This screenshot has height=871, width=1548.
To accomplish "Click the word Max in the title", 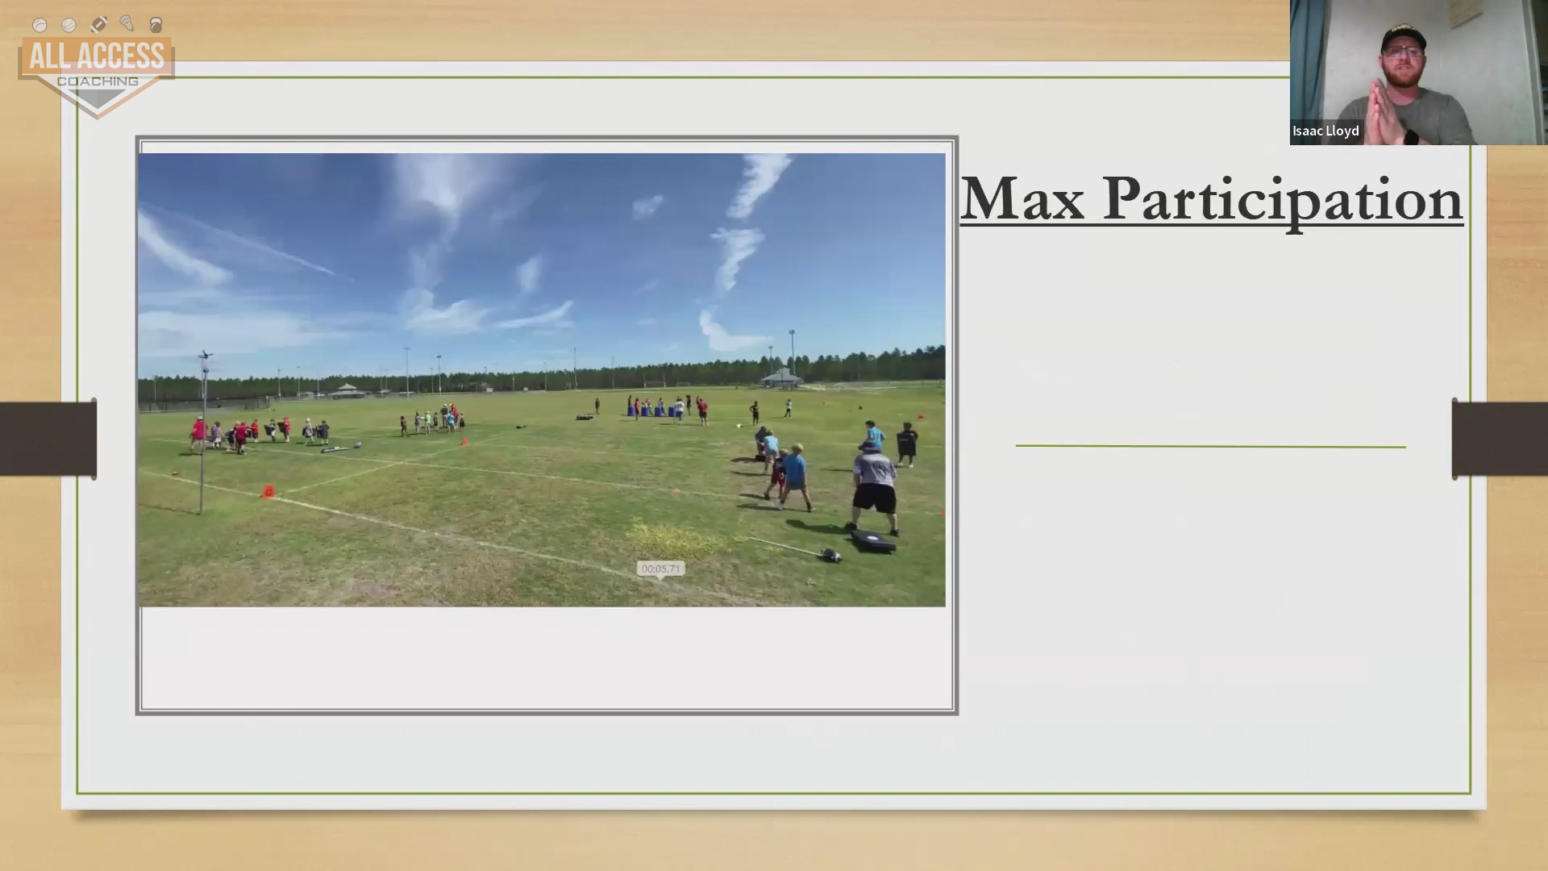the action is [x=1022, y=198].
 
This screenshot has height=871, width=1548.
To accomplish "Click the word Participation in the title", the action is [x=1282, y=201].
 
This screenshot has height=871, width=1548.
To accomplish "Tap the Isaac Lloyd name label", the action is [x=1325, y=131].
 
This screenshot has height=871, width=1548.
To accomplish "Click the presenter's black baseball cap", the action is [x=1404, y=36].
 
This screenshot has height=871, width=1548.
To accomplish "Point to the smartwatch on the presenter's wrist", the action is [x=1411, y=135].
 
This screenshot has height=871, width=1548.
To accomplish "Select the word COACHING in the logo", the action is [x=98, y=81].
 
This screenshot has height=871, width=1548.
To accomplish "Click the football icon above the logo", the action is [x=98, y=24].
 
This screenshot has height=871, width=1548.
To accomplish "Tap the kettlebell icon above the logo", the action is [x=156, y=25].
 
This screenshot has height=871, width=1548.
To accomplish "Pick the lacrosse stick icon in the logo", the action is [x=127, y=23].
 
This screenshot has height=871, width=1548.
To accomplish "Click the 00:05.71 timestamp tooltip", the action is [x=660, y=569].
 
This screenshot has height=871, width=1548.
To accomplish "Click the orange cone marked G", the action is [x=268, y=491].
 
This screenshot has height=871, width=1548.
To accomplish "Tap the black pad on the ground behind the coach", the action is [x=872, y=540].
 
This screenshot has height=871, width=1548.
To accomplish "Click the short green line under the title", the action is [x=1210, y=445].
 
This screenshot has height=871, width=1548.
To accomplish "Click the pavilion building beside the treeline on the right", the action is [x=781, y=378].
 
